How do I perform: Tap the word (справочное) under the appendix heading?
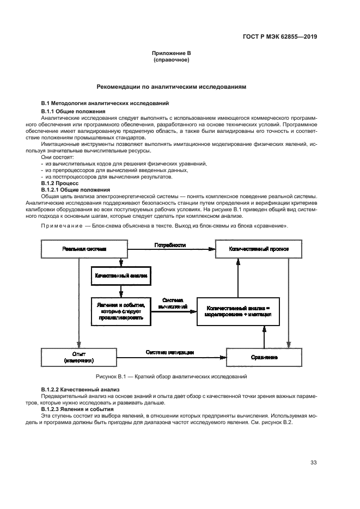[x=171, y=60]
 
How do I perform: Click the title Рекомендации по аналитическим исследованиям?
[x=171, y=86]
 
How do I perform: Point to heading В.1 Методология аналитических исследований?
[x=106, y=103]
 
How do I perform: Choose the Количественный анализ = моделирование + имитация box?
[x=237, y=311]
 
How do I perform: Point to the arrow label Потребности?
[x=170, y=245]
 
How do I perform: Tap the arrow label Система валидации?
[x=170, y=352]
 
